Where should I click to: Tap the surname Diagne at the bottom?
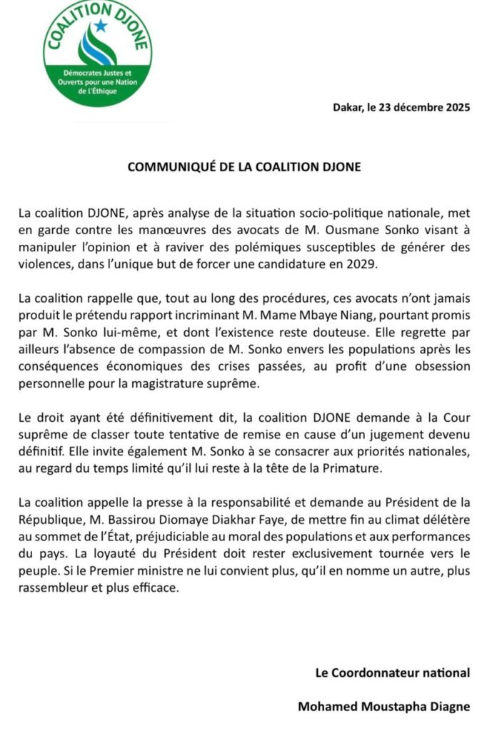tap(448, 707)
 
